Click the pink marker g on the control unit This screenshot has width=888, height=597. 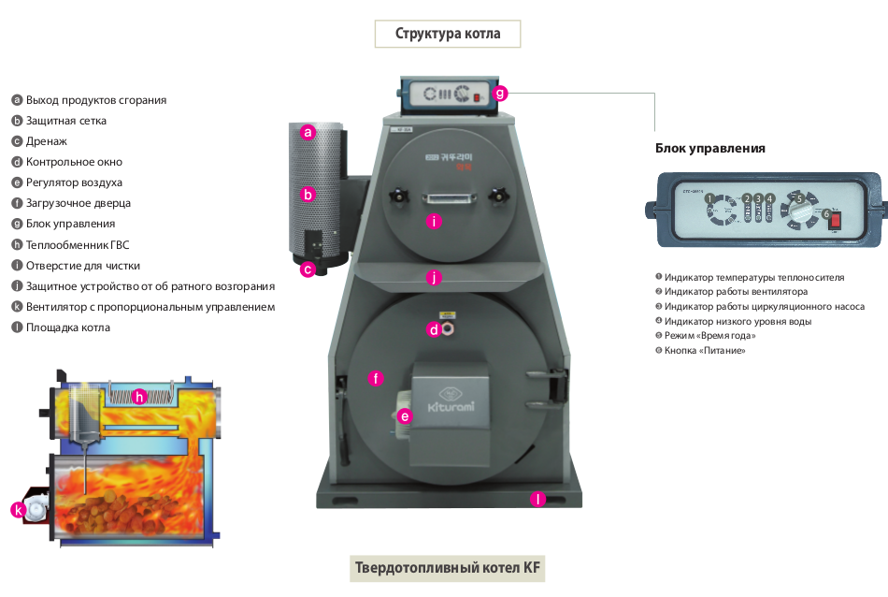coord(500,93)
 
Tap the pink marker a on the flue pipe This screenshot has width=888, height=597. coord(308,133)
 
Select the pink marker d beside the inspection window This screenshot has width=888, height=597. coord(434,329)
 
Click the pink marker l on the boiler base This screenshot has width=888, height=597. coord(537,499)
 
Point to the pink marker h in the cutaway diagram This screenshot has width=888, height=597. coord(139,396)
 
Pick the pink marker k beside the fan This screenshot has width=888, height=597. coord(18,509)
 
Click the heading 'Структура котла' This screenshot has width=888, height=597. coord(447,35)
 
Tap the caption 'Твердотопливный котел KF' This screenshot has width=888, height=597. coord(447,568)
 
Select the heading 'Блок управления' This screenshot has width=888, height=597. coord(710,148)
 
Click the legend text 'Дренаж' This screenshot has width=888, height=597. coord(46,141)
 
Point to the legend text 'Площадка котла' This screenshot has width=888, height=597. coord(67,328)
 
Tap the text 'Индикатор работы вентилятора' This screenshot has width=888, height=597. coord(736,292)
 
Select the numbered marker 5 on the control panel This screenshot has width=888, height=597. coord(798,198)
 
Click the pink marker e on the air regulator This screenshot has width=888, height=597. coord(405,416)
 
